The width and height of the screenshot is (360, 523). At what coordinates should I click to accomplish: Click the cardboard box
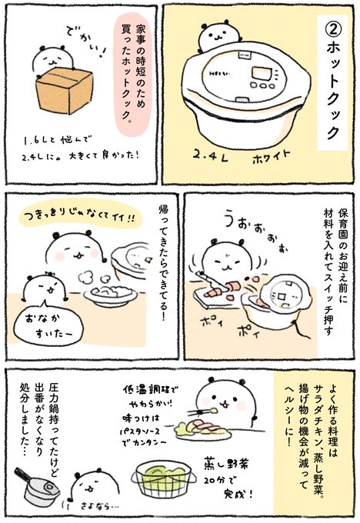[x=64, y=91]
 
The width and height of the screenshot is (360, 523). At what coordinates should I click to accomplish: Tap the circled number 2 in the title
[x=334, y=30]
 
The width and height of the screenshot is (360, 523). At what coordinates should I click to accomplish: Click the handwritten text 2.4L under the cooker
[x=210, y=157]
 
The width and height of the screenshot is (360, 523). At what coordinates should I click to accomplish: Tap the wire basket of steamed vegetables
[x=164, y=478]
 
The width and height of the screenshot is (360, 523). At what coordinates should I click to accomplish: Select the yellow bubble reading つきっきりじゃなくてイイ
[x=81, y=218]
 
